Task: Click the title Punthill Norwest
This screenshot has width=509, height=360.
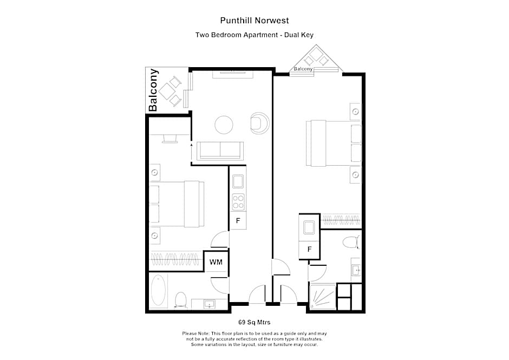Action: [254, 21]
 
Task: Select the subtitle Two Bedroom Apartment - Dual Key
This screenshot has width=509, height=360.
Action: [254, 35]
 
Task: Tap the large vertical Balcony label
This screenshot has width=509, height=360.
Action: [154, 90]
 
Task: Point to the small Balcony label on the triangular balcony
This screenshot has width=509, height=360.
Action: [303, 69]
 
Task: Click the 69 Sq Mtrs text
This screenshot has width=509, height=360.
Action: [254, 321]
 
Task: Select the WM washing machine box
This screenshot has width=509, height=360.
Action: [216, 262]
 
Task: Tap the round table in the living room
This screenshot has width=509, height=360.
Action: [224, 125]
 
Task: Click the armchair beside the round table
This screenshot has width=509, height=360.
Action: [259, 123]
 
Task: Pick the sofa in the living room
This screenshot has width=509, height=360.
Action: [220, 150]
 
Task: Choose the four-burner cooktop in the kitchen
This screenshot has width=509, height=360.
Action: [238, 202]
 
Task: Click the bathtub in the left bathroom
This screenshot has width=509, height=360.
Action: [159, 291]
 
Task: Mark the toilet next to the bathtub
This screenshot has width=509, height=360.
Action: [180, 299]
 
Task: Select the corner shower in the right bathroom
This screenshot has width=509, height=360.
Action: [322, 297]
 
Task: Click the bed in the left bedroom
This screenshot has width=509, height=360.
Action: [177, 204]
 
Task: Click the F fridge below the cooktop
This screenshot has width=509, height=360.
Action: [238, 221]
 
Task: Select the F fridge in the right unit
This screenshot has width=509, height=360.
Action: [309, 250]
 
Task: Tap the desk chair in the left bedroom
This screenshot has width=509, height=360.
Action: [169, 139]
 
